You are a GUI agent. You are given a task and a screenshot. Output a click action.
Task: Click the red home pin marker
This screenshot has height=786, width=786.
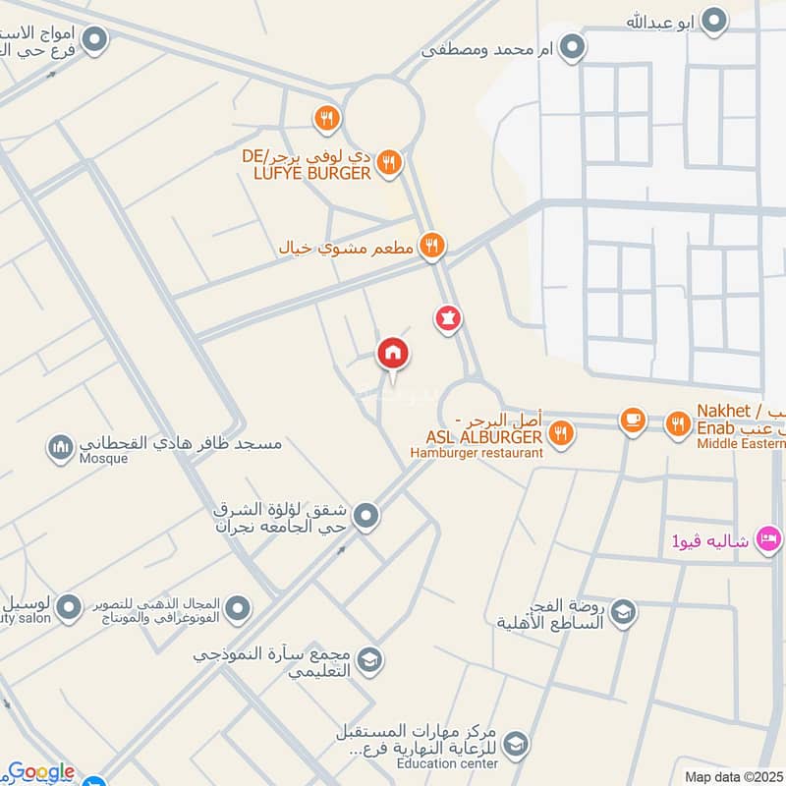point(393,354)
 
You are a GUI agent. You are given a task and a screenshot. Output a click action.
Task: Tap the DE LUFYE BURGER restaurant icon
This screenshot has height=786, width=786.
point(390,162)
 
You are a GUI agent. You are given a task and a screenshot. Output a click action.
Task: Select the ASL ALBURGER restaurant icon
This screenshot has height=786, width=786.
point(560,432)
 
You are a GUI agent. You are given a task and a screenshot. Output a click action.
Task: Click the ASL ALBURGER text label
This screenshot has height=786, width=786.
point(484,436)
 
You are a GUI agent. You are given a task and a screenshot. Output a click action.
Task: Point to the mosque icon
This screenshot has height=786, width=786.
point(60,449)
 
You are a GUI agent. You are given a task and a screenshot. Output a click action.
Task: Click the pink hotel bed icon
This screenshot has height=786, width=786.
point(768,538)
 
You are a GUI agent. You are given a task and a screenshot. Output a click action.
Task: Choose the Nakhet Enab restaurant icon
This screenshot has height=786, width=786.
point(677,423)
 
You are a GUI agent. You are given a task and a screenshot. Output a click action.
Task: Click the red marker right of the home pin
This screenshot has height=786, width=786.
point(448,318)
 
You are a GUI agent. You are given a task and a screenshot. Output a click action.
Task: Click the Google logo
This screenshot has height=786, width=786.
point(40,772)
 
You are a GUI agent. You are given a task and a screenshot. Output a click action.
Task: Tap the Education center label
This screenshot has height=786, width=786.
point(447,763)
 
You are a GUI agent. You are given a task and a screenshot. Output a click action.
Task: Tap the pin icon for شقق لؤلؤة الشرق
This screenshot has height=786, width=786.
point(366,515)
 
